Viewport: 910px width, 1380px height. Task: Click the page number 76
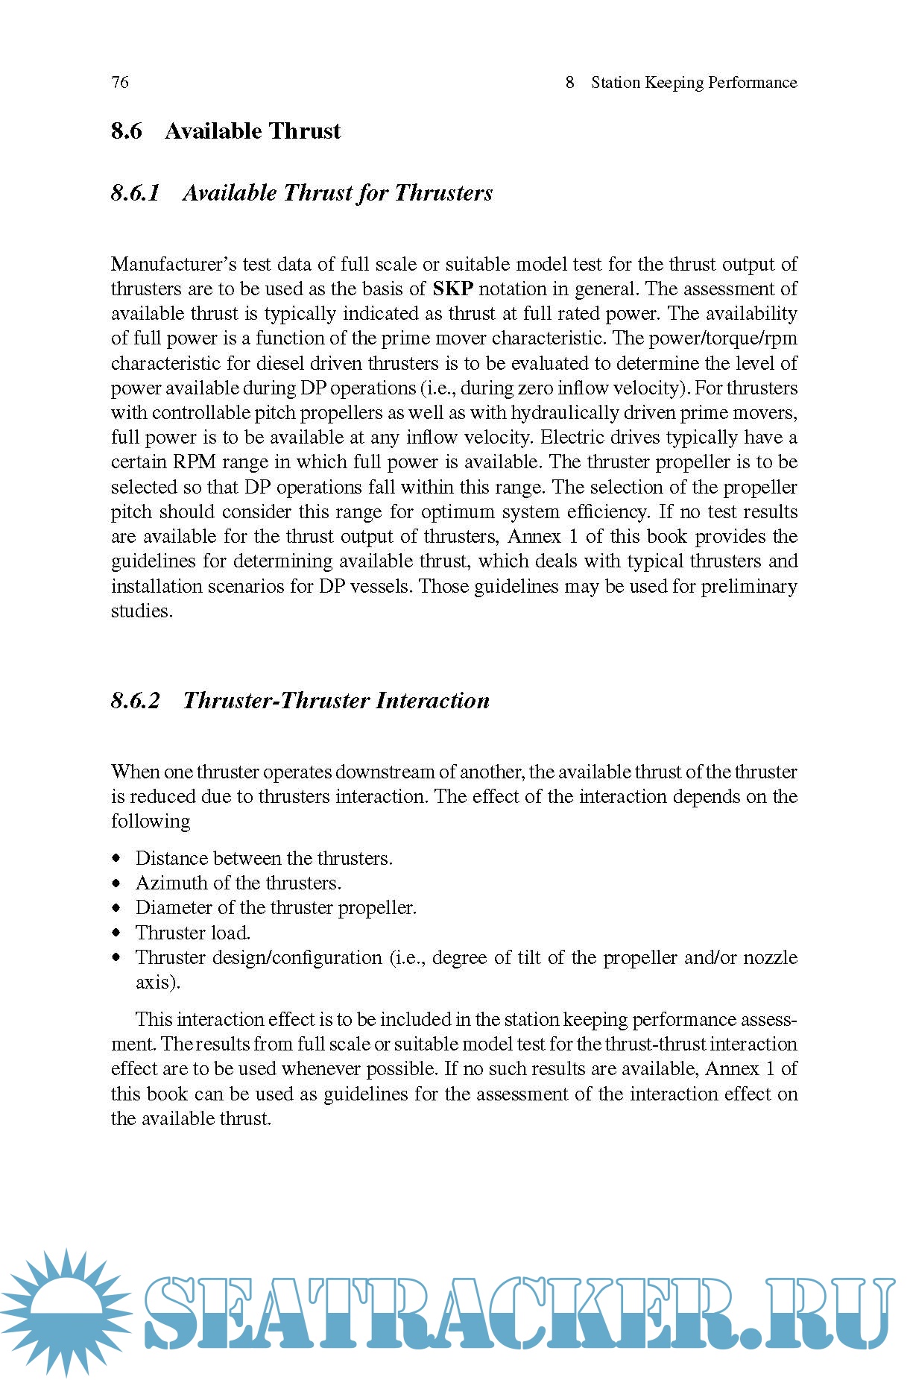click(119, 82)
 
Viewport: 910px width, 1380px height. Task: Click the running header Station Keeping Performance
click(693, 82)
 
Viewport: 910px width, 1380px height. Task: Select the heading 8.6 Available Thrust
click(226, 131)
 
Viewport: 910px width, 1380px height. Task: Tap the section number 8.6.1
click(135, 193)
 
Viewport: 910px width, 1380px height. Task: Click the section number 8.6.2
click(135, 701)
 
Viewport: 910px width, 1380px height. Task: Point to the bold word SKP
click(452, 289)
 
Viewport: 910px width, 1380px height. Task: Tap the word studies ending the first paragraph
click(141, 611)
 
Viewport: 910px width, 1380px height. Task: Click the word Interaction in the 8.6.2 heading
click(432, 701)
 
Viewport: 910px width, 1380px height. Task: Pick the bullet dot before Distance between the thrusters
click(116, 858)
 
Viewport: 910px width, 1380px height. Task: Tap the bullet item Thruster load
click(192, 933)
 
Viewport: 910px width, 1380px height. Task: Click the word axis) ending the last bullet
click(157, 983)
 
